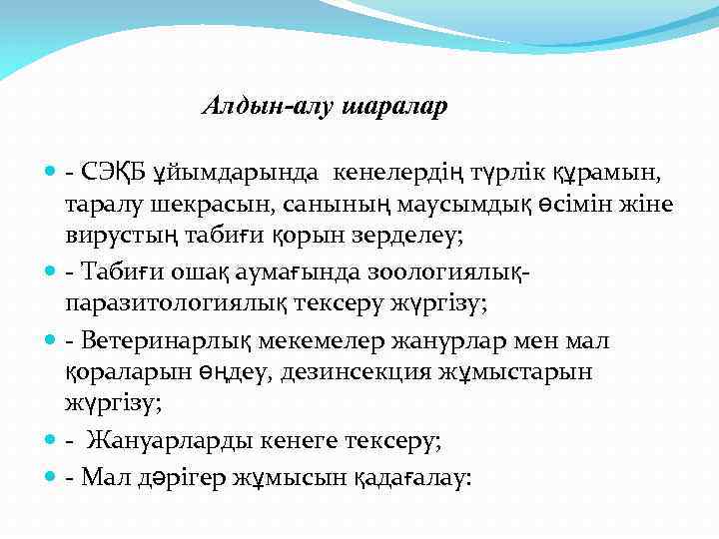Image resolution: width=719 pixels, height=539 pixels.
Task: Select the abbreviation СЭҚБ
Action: (113, 175)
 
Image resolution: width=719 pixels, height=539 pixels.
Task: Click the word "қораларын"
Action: (120, 371)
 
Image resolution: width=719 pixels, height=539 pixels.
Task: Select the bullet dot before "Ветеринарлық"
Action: (51, 342)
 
